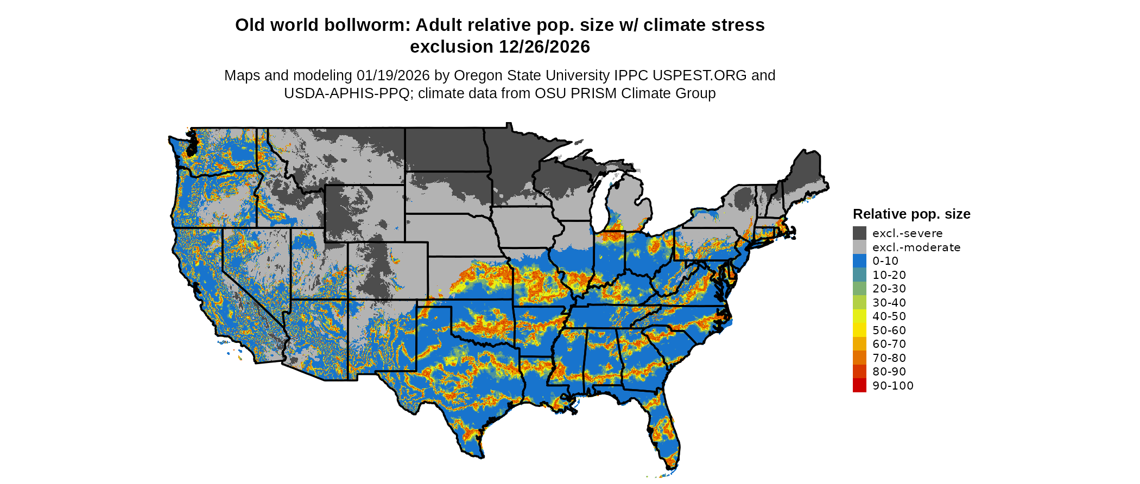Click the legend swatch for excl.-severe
(x=859, y=233)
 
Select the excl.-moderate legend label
(x=916, y=247)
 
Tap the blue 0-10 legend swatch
(x=859, y=261)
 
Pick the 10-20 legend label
(x=889, y=275)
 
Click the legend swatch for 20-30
(x=859, y=289)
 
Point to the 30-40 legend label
(x=889, y=303)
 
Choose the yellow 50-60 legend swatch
(x=859, y=330)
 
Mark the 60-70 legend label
(x=889, y=344)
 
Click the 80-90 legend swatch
(x=859, y=372)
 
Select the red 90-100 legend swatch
(x=859, y=385)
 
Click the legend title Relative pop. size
(x=911, y=214)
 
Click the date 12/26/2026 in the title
(x=544, y=47)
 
